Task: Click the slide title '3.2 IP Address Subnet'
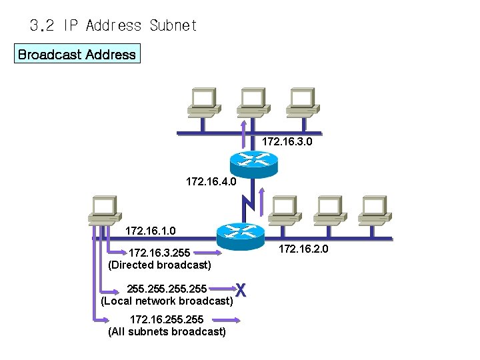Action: (x=113, y=26)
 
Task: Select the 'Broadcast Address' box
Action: (x=77, y=55)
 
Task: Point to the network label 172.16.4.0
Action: (x=211, y=181)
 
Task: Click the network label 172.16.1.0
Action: (x=151, y=231)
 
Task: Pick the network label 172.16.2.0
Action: (x=303, y=249)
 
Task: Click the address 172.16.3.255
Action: (x=159, y=253)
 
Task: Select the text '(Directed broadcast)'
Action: (x=159, y=265)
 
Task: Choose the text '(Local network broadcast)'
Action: (x=167, y=301)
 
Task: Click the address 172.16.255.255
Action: (x=167, y=320)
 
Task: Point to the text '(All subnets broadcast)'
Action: (x=167, y=331)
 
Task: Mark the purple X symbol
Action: (x=241, y=290)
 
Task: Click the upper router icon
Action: (x=253, y=160)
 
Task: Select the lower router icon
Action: (x=241, y=231)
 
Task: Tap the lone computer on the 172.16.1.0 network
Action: (x=105, y=211)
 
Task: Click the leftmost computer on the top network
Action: (x=202, y=103)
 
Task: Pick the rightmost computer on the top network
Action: (x=301, y=103)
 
